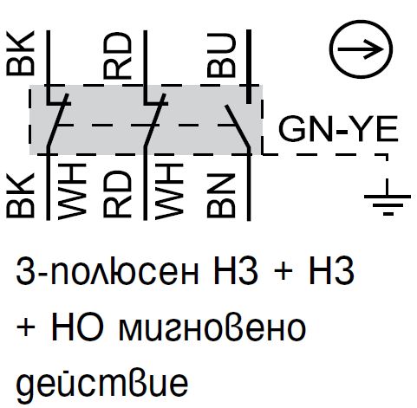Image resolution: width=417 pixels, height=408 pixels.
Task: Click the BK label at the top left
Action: pos(21,54)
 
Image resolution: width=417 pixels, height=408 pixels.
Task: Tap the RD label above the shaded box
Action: pos(117,55)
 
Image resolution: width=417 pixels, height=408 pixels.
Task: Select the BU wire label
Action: pos(221,55)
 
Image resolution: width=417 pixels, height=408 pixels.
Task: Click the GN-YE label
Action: pos(338,128)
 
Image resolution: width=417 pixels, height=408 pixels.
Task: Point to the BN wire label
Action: pos(221,196)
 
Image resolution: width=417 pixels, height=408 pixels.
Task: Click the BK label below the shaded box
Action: pos(21,196)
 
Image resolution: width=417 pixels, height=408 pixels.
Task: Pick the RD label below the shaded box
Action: pos(117,194)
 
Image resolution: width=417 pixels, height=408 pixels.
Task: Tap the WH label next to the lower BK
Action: pos(72,191)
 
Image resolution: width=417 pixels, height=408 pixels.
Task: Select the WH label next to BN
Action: pos(169,191)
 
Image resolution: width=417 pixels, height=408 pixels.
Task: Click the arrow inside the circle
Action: pos(361,49)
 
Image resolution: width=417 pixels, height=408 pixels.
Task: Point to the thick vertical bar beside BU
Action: pos(249,67)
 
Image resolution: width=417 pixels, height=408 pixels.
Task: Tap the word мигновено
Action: pos(212,329)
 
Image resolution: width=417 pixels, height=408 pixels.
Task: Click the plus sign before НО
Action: pos(26,327)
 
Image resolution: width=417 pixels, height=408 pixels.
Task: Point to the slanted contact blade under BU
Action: pos(237,126)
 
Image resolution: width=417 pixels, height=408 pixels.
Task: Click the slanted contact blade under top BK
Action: pos(58,120)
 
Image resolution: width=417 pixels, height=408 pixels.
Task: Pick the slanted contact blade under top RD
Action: pos(155,120)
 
